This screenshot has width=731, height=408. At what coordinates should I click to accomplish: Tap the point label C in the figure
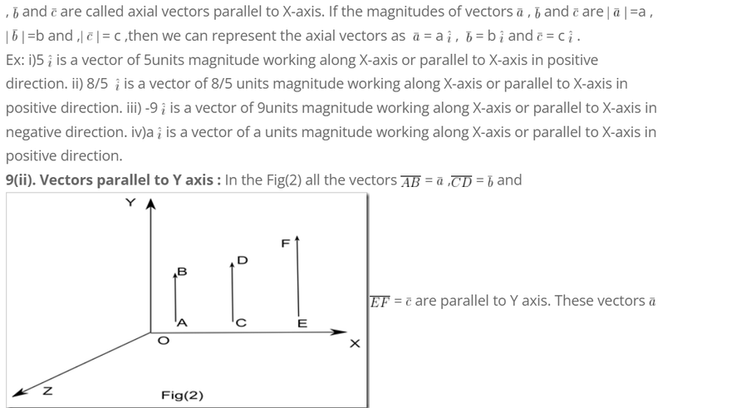tap(241, 323)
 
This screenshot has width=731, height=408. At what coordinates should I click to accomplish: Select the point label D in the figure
tap(243, 260)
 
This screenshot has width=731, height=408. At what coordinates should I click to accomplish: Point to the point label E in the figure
tap(302, 323)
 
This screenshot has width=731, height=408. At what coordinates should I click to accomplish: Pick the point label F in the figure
tap(285, 243)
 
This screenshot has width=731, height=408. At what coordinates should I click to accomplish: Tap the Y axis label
tap(130, 204)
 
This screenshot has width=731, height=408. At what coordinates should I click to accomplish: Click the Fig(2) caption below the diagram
tap(182, 395)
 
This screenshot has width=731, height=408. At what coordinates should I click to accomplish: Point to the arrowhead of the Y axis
tap(151, 206)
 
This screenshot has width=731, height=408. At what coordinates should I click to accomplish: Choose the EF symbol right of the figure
tap(380, 300)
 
